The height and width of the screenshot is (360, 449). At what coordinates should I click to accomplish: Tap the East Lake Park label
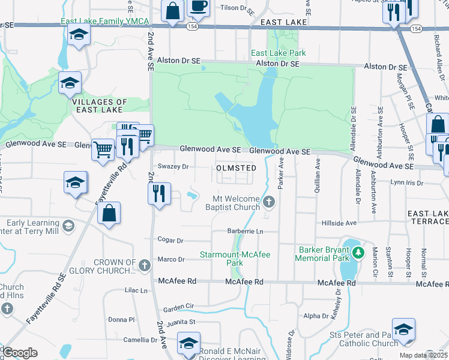[279, 53]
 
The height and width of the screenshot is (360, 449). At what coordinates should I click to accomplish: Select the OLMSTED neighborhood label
[237, 169]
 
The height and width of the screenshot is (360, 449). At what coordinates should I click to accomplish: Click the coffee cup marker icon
[199, 7]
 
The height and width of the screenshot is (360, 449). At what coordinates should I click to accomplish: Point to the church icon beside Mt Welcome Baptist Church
[270, 202]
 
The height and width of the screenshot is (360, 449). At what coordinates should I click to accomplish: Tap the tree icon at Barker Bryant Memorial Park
[358, 253]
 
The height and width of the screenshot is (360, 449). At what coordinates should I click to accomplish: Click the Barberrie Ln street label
[246, 231]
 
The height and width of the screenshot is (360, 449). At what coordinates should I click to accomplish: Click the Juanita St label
[184, 322]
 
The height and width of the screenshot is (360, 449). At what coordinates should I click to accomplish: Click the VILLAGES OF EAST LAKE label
[100, 106]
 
